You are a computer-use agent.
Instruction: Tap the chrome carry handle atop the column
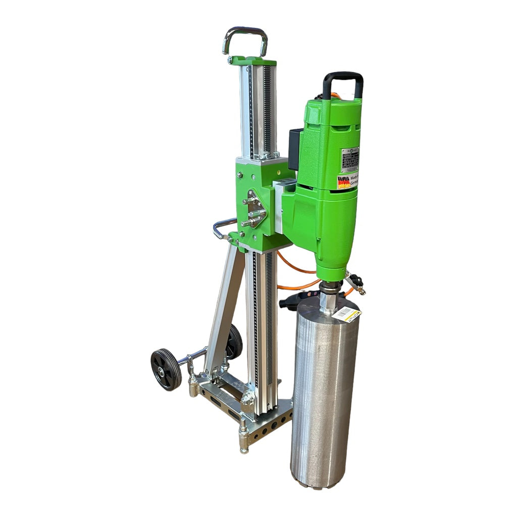[x=245, y=34]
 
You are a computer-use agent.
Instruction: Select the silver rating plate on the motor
[x=350, y=160]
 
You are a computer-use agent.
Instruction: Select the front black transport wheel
[x=166, y=370]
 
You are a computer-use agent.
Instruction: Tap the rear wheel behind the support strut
[x=234, y=342]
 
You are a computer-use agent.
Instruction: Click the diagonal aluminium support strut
[x=225, y=308]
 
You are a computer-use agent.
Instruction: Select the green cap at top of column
[x=254, y=61]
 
